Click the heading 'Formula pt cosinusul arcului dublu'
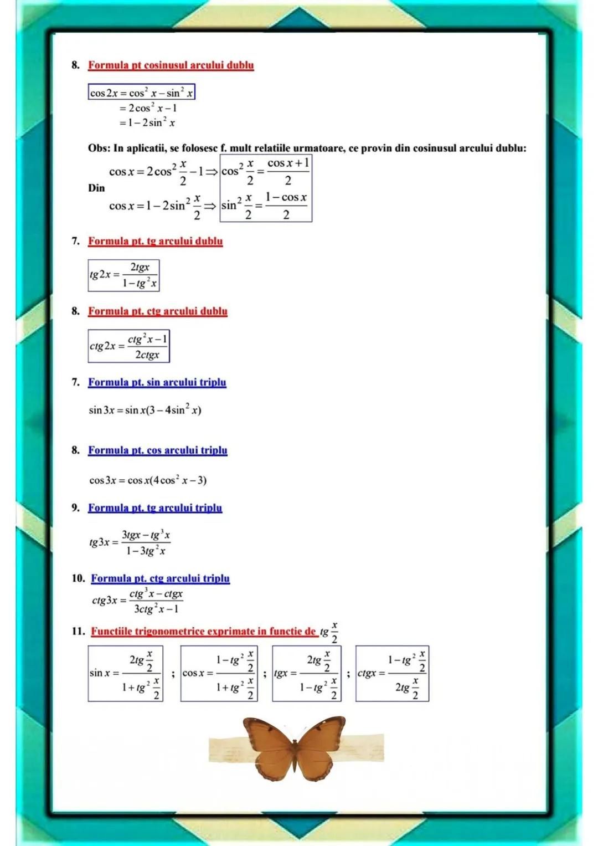click(x=171, y=65)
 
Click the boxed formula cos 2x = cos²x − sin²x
click(x=142, y=93)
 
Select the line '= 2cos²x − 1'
click(x=148, y=108)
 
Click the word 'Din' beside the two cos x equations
click(x=96, y=188)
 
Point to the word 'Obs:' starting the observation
click(x=99, y=148)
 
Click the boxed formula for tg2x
click(x=123, y=275)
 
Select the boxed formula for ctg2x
click(x=128, y=346)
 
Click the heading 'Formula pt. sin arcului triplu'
click(x=157, y=382)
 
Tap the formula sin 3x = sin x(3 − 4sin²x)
click(x=145, y=410)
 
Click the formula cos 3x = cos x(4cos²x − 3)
click(x=148, y=480)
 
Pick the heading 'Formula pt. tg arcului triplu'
click(x=155, y=507)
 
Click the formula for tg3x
click(x=130, y=542)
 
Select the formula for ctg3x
click(x=137, y=601)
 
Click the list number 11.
click(x=78, y=631)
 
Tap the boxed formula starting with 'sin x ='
click(x=125, y=674)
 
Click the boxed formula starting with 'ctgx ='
click(x=392, y=674)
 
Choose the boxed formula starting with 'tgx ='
click(x=306, y=674)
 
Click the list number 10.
click(x=78, y=578)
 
